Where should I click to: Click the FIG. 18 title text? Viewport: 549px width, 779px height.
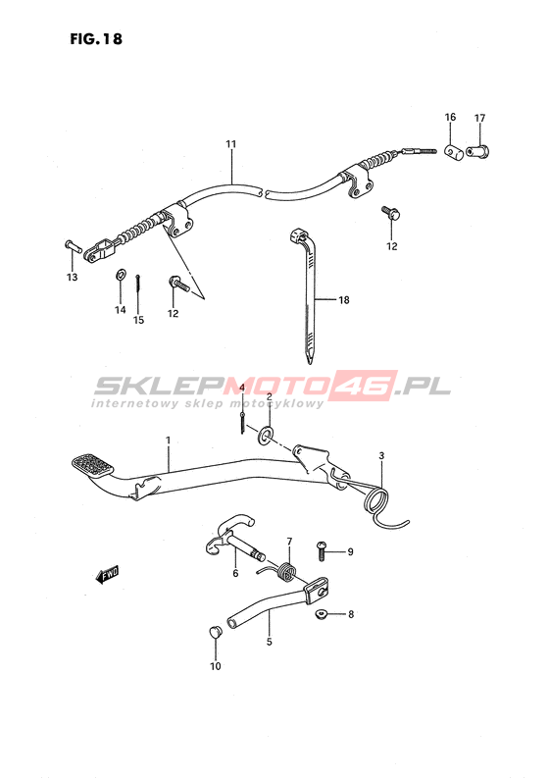(x=96, y=38)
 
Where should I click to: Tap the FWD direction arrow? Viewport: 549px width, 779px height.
(x=107, y=574)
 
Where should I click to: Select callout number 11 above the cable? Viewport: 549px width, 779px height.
(x=230, y=144)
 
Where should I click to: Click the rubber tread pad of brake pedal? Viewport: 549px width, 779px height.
(x=92, y=465)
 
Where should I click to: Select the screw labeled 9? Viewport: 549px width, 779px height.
(x=321, y=550)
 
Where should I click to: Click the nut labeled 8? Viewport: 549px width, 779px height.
(x=321, y=615)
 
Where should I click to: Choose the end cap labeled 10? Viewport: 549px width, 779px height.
(x=215, y=633)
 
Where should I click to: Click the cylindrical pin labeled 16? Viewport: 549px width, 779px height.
(x=454, y=152)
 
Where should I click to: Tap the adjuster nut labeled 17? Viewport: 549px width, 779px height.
(x=477, y=150)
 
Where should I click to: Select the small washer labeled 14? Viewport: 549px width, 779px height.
(x=121, y=274)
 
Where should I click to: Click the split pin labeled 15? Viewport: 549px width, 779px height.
(x=137, y=286)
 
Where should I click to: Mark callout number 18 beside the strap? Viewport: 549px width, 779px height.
(x=344, y=299)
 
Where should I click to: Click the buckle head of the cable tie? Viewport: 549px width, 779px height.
(x=296, y=234)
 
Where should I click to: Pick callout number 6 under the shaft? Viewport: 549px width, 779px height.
(x=235, y=573)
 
